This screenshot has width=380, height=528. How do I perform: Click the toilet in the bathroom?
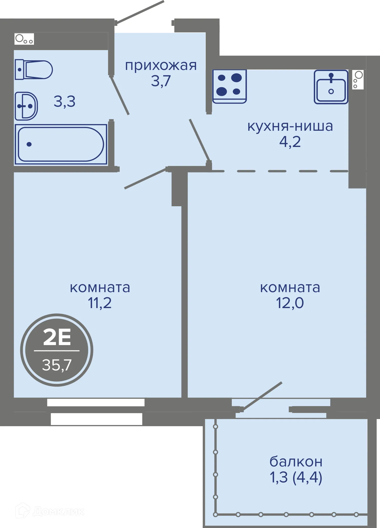[x=34, y=69]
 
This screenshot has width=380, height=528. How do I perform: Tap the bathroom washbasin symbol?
[x=26, y=106]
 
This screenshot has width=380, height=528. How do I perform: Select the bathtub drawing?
[x=61, y=144]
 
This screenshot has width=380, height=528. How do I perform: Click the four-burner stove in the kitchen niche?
[x=229, y=86]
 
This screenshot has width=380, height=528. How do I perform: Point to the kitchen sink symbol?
[x=331, y=87]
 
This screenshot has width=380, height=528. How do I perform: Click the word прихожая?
[x=161, y=65]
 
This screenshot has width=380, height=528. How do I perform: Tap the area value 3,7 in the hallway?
[x=161, y=81]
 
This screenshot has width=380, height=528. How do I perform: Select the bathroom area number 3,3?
[x=64, y=102]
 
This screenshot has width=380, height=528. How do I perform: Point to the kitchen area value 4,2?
[x=290, y=142]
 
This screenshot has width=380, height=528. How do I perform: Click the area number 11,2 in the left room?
[x=100, y=303]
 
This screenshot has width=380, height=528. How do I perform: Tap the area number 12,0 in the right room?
[x=290, y=303]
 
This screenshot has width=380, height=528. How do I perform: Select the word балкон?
[x=296, y=462]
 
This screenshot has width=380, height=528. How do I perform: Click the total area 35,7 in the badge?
[x=57, y=365]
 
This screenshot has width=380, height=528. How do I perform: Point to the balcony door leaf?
[x=262, y=395]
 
